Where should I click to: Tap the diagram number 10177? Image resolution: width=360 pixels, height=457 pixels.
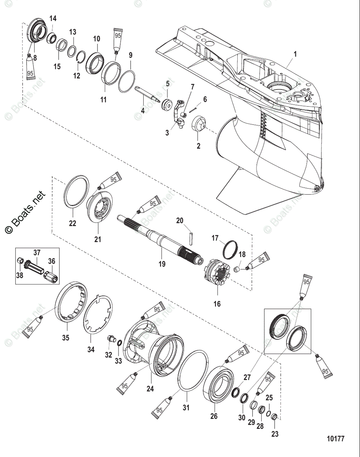coord(335,439)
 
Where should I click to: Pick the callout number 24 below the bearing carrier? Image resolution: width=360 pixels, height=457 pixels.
coord(150,389)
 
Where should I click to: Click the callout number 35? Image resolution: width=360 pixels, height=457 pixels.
coord(66,337)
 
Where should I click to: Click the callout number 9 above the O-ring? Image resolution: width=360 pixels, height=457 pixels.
coord(130,56)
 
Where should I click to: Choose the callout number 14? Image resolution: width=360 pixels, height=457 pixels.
coord(53,18)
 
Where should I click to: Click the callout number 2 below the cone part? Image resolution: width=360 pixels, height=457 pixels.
coord(198,146)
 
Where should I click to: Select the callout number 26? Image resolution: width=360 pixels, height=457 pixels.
coord(214,416)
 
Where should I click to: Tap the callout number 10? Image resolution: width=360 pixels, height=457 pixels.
coord(96,39)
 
